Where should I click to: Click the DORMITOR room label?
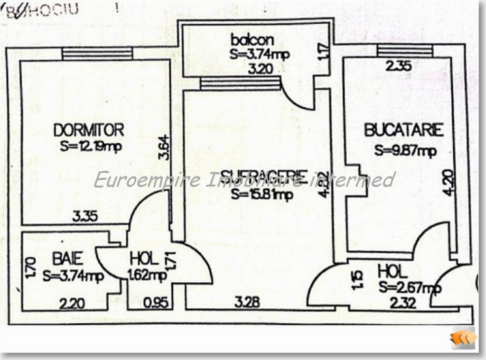89,129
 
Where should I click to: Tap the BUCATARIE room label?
404,130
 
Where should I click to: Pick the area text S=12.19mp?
91,147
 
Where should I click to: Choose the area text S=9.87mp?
405,151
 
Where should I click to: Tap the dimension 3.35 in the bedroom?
85,217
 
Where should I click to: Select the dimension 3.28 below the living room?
247,302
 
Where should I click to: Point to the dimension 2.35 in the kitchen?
398,66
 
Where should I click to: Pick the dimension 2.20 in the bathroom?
73,302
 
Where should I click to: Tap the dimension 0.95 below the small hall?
156,303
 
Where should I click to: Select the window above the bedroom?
97,54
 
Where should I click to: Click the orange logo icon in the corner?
463,338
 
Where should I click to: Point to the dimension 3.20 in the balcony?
261,68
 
